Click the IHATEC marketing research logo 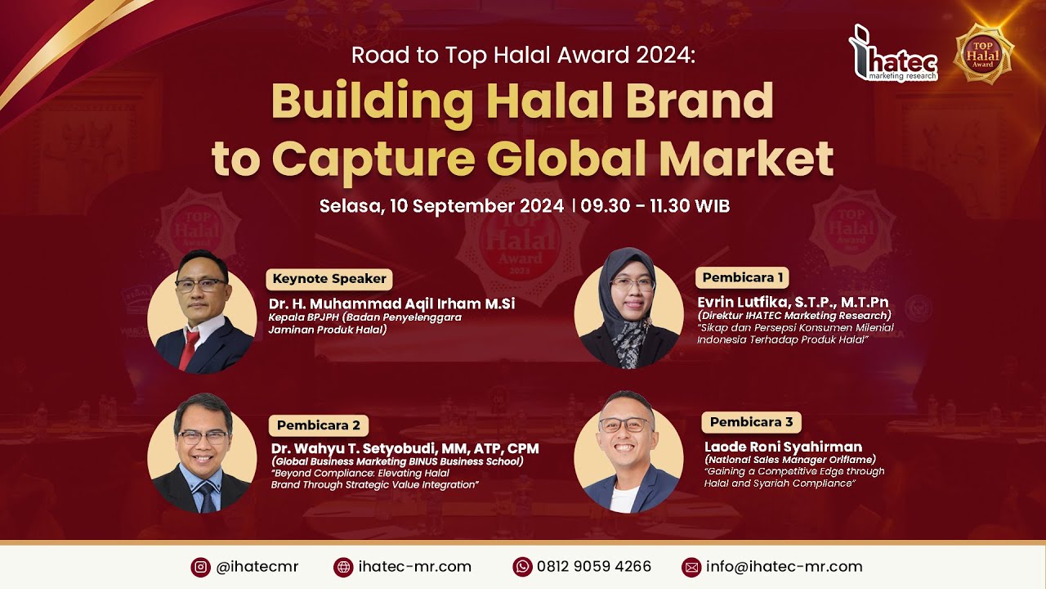point(892,55)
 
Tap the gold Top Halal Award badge point(984,54)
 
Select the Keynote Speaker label point(329,278)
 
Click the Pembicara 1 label point(742,277)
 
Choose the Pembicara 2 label point(319,425)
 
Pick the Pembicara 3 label point(751,422)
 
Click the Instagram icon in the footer point(200,567)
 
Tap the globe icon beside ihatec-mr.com point(343,567)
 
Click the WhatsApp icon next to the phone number point(522,567)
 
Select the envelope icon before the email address point(691,567)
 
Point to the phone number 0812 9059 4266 point(594,567)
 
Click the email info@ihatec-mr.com point(784,567)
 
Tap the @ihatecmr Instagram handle point(257,567)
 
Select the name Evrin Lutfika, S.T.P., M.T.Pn point(793,302)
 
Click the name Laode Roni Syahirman point(783,447)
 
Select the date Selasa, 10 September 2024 point(441,206)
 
